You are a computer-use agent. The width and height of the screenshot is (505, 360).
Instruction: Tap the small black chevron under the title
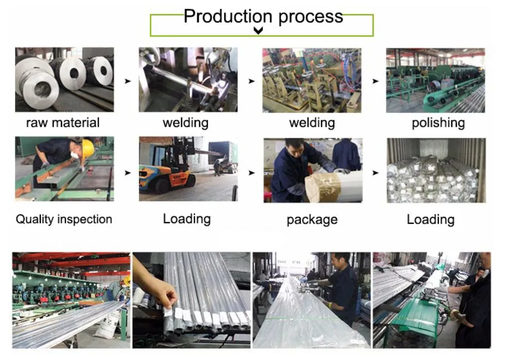point(259,31)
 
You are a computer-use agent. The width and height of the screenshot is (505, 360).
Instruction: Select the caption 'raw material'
point(63,123)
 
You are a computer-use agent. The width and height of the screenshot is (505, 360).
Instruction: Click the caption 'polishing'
point(438,123)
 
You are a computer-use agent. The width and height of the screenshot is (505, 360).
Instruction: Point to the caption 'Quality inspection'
point(64,219)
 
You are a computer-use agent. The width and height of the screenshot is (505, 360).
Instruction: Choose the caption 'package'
point(312,220)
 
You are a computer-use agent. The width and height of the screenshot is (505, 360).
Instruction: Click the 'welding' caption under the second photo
point(186,123)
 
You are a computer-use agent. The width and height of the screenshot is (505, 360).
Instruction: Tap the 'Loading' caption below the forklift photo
point(187,218)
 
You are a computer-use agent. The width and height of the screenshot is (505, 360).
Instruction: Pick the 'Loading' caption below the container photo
point(430,219)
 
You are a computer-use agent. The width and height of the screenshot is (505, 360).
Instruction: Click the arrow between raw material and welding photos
point(128,81)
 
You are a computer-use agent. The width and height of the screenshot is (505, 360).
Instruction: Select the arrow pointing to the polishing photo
point(375,81)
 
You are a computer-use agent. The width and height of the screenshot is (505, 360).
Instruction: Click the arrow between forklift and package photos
point(251,173)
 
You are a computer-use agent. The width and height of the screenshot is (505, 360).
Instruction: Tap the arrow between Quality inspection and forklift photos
point(128,173)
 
